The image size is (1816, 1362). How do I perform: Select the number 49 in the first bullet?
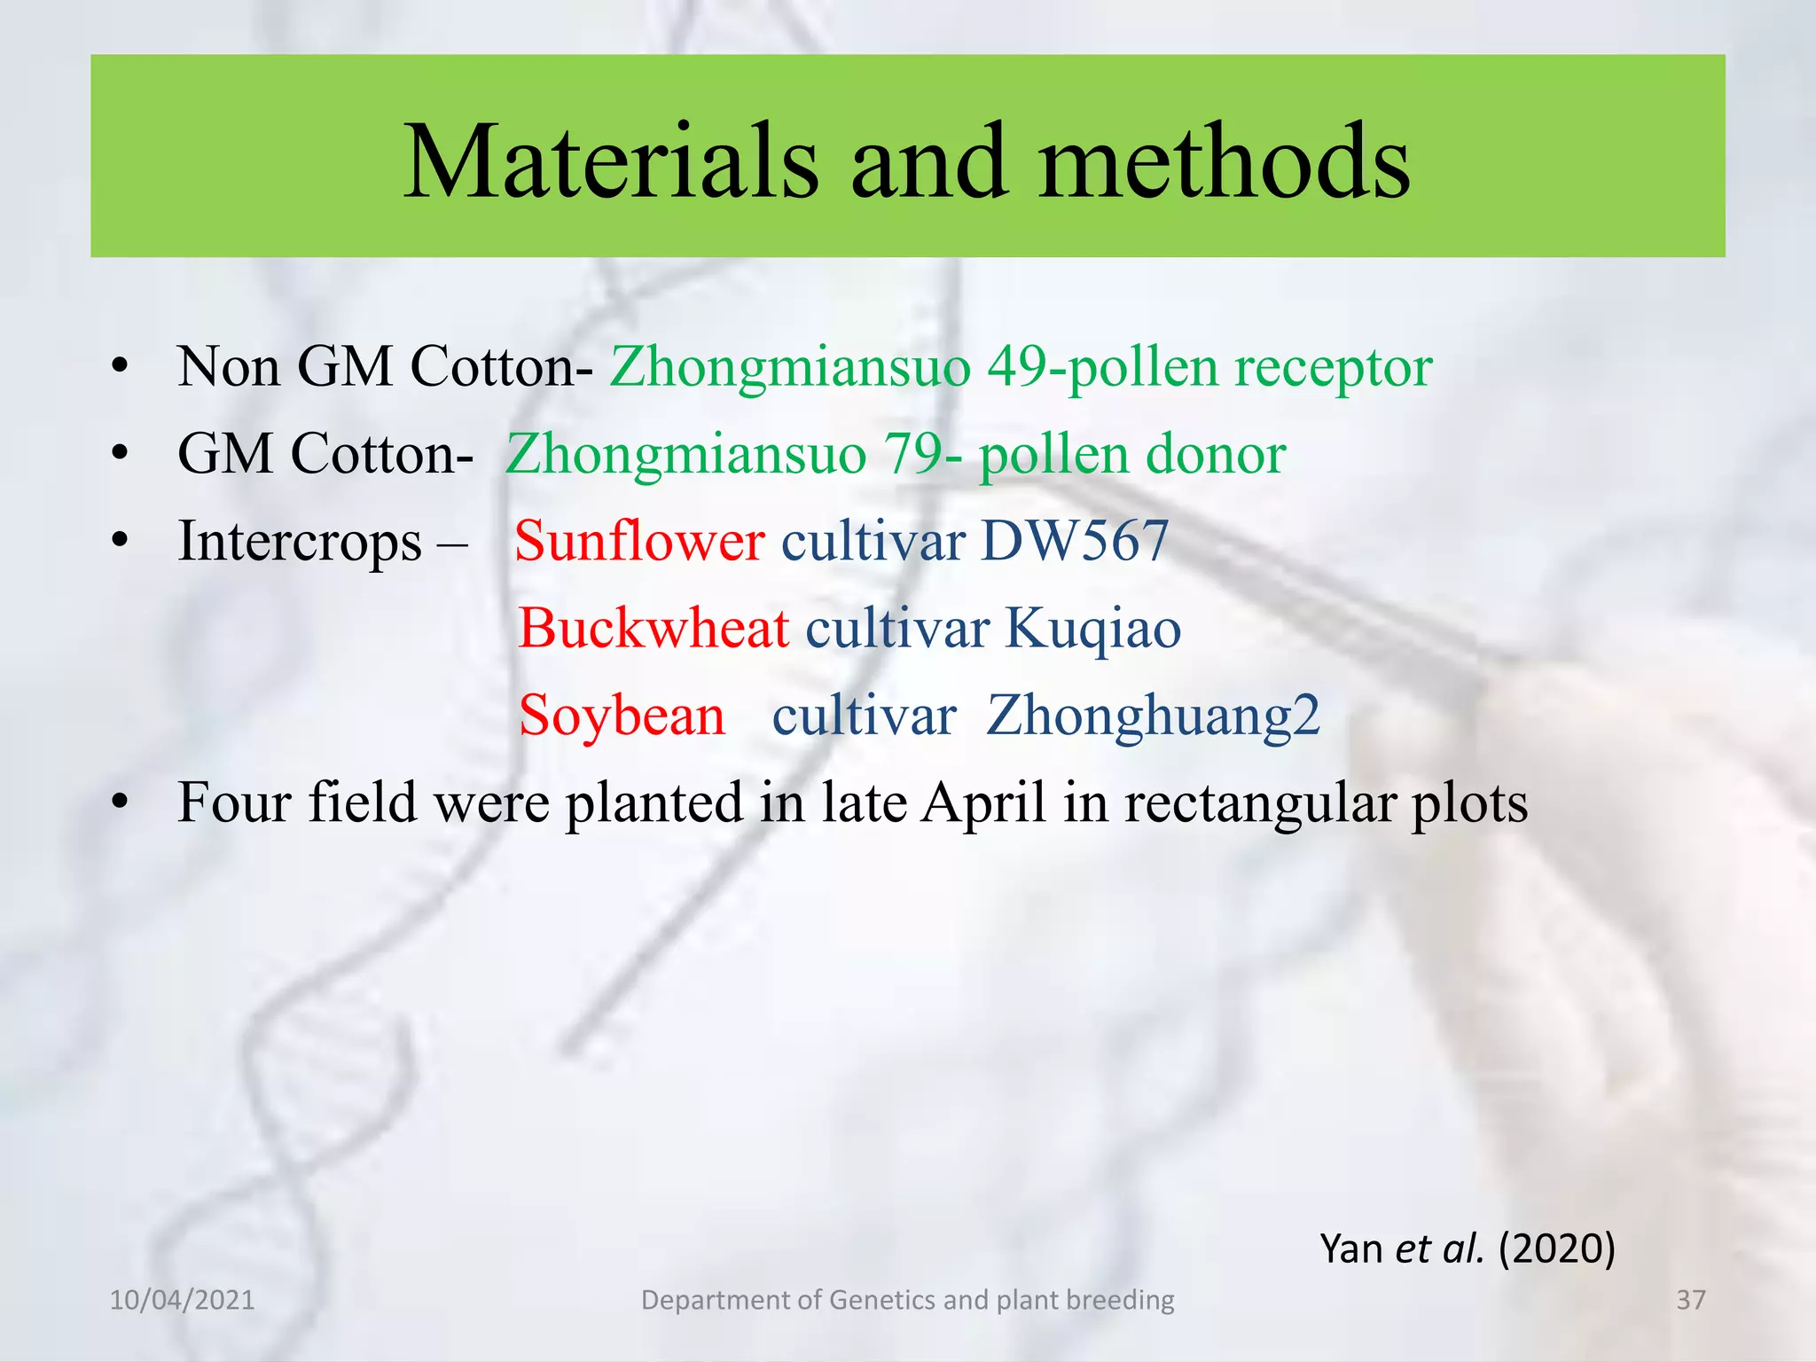[x=1018, y=366]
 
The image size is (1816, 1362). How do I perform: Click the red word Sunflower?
[x=638, y=541]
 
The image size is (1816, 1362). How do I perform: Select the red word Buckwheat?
[x=654, y=628]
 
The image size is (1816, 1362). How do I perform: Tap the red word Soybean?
[x=622, y=715]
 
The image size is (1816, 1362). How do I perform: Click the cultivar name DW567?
[x=1075, y=541]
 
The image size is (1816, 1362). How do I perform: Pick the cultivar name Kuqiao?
[x=1092, y=628]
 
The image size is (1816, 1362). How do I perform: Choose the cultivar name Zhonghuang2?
[x=1153, y=716]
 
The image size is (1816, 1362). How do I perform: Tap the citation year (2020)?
[x=1557, y=1248]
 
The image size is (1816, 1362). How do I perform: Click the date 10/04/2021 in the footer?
[x=182, y=1300]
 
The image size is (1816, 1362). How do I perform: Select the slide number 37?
[x=1691, y=1300]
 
